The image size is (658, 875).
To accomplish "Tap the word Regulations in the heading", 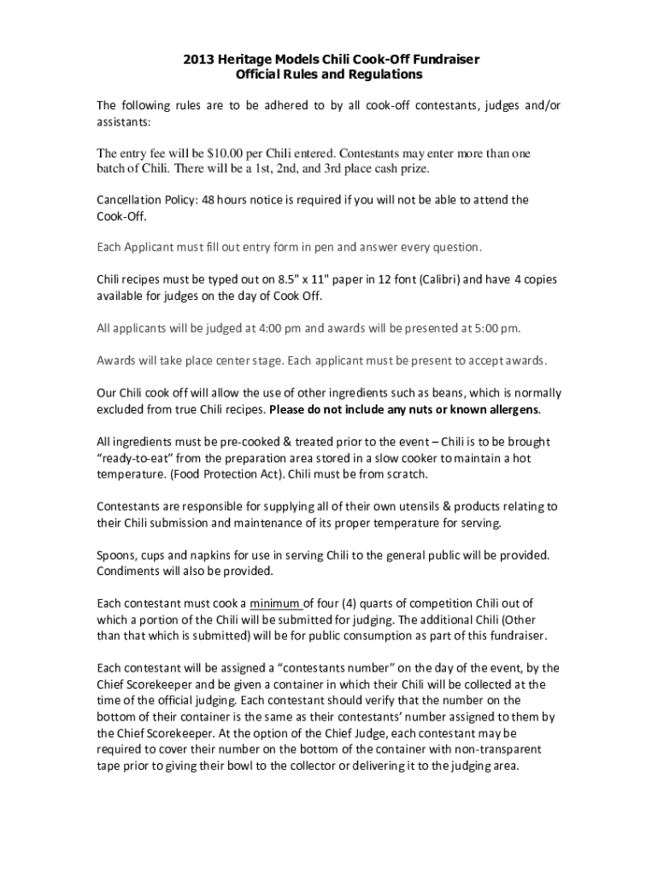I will [x=391, y=74].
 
